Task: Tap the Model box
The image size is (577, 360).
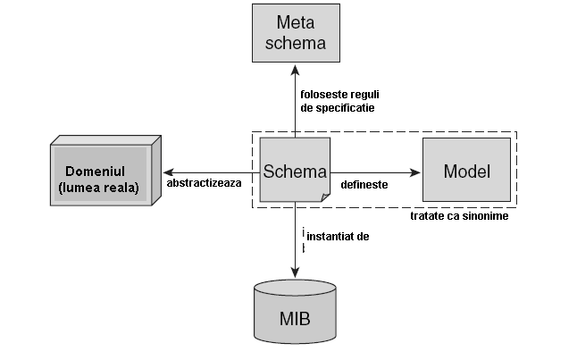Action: [x=466, y=170]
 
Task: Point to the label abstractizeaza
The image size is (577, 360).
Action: [x=205, y=183]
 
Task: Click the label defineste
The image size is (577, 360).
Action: [x=364, y=183]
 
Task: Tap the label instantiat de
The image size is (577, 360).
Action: [x=337, y=237]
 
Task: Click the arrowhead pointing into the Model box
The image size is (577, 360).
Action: [x=416, y=172]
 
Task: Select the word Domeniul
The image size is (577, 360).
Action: [x=99, y=170]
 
